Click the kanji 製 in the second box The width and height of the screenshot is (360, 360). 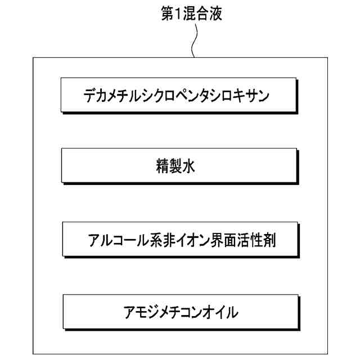coord(179,166)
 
